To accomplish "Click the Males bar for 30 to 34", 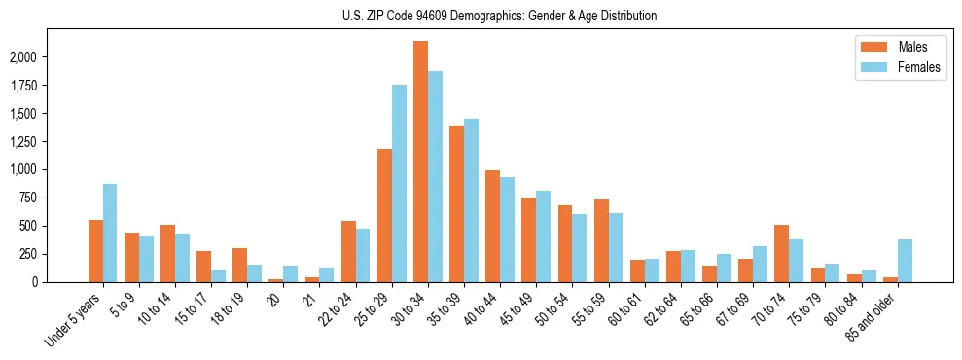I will coord(420,162).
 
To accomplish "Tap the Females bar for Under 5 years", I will coord(110,233).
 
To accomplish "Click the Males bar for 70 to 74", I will coord(781,253).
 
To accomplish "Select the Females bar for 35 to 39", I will coord(471,200).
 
